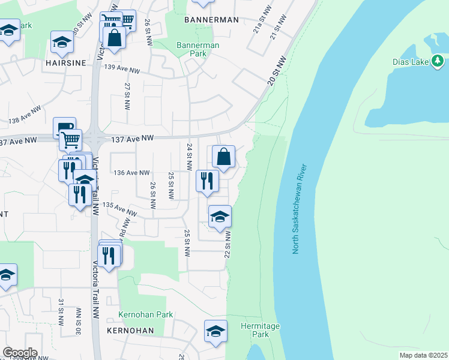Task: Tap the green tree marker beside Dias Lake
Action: tap(438, 61)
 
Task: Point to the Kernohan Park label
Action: tap(145, 314)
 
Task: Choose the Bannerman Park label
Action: tap(197, 49)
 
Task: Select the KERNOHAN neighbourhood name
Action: tap(130, 331)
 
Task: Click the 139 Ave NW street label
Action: tap(122, 70)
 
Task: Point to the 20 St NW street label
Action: tap(276, 71)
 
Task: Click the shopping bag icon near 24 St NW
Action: tap(223, 157)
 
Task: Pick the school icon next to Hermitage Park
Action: tap(216, 331)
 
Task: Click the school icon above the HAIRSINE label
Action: tap(62, 41)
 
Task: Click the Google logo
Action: tap(20, 353)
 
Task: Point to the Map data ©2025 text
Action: tap(423, 355)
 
